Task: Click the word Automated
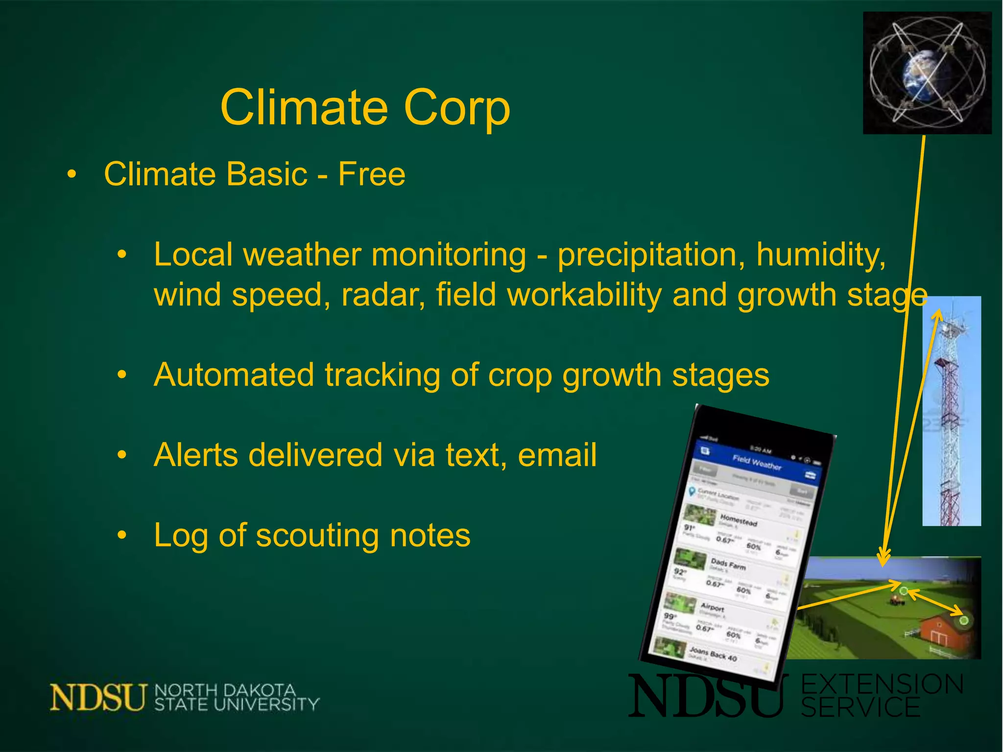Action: (234, 375)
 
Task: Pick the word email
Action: (557, 455)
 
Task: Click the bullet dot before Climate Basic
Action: (72, 174)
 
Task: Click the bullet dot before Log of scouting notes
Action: (122, 535)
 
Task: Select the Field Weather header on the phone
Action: (757, 462)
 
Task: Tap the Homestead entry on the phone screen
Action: (738, 520)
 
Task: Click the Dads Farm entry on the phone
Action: (728, 564)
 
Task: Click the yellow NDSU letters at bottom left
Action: (98, 697)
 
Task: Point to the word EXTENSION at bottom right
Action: (882, 684)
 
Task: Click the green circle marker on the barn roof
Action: (963, 620)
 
